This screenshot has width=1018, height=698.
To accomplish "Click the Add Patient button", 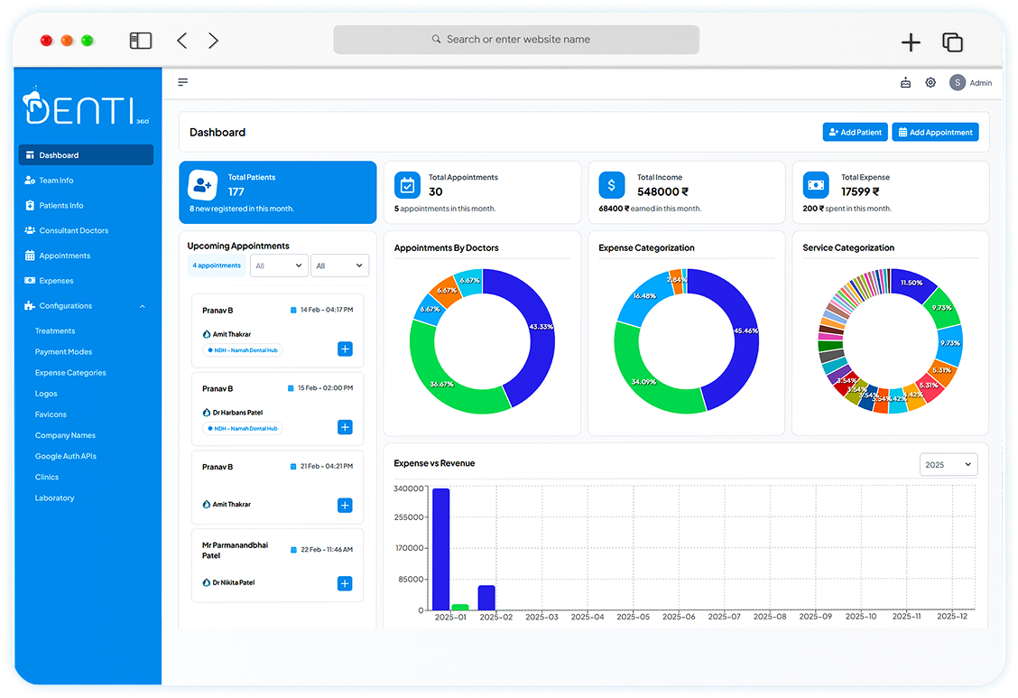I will click(x=855, y=132).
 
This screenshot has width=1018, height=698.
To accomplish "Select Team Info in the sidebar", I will click(x=56, y=181).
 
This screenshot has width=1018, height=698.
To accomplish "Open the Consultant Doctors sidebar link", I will click(x=73, y=230).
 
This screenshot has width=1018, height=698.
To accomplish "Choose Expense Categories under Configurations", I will click(x=70, y=373).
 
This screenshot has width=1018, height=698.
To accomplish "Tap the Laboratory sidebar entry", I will click(x=54, y=498).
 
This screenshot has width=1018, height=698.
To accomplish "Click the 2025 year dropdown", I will click(x=949, y=464).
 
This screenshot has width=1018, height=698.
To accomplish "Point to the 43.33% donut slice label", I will click(x=541, y=326).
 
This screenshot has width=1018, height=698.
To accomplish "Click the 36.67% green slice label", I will click(x=441, y=384).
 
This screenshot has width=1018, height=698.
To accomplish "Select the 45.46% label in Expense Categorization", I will click(x=746, y=330).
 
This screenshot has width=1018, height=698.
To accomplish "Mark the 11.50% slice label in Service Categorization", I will click(x=912, y=283).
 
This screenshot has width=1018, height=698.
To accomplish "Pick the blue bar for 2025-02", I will click(x=486, y=597).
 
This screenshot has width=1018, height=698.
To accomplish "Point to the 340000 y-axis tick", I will click(x=409, y=489).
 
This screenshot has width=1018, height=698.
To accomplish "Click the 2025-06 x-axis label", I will click(x=678, y=617).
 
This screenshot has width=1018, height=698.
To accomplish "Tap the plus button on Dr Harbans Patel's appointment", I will click(x=345, y=427).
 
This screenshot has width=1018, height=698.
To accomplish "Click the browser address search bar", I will click(x=516, y=40).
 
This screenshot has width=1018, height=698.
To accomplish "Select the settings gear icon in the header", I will click(x=930, y=83).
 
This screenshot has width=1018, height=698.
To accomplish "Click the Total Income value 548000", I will click(x=662, y=191).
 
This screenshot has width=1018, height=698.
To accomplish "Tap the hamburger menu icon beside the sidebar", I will click(x=183, y=82).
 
